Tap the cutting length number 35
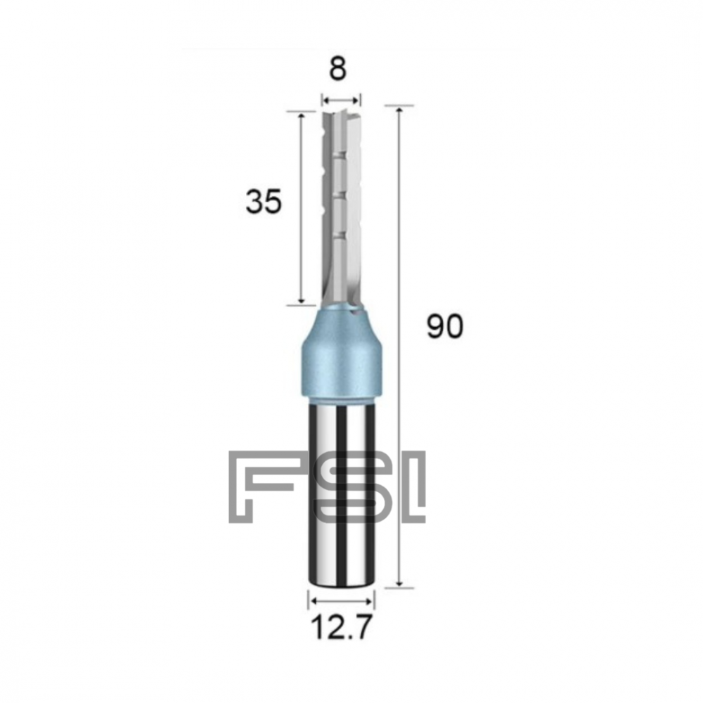[x=264, y=202]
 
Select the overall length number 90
[x=445, y=328]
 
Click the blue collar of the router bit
[x=341, y=359]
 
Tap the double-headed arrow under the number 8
[x=341, y=99]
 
